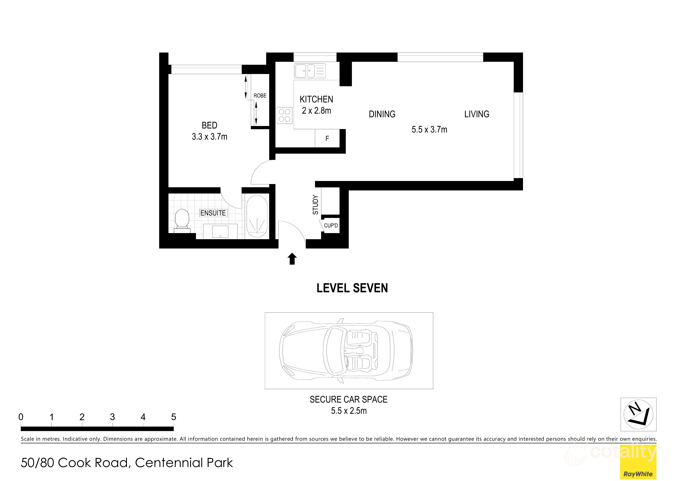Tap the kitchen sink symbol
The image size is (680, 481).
pyautogui.click(x=309, y=71)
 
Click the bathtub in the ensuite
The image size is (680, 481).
pyautogui.click(x=257, y=217)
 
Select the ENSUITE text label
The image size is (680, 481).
pyautogui.click(x=213, y=213)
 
